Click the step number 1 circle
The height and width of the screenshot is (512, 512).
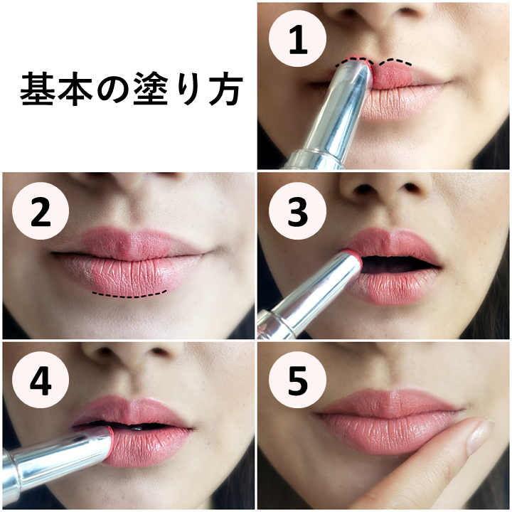[x=297, y=39]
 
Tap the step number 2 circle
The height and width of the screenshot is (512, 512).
[x=41, y=211]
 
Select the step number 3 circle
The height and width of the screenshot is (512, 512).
[x=297, y=211]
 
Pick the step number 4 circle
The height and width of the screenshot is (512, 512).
[x=41, y=380]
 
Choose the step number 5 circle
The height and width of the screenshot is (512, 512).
[x=297, y=380]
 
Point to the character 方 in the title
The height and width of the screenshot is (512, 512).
[x=226, y=90]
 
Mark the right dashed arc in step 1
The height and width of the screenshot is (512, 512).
[x=395, y=60]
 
